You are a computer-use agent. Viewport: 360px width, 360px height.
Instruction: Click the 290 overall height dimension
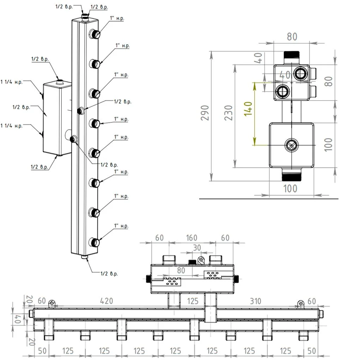click(x=206, y=112)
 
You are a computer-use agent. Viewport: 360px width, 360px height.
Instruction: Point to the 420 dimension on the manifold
click(x=106, y=301)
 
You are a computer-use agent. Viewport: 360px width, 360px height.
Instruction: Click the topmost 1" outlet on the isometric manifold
click(x=94, y=34)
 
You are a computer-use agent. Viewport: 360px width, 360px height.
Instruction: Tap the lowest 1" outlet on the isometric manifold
click(x=94, y=242)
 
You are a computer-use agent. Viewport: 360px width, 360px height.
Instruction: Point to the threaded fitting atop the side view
click(x=292, y=56)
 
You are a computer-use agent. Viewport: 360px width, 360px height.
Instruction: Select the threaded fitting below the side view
click(x=292, y=174)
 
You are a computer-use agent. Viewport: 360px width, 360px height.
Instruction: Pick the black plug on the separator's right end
click(x=237, y=279)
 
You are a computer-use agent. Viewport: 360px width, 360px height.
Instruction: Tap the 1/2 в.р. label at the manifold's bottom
click(x=109, y=274)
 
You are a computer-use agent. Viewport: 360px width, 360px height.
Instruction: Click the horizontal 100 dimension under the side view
click(x=290, y=189)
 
